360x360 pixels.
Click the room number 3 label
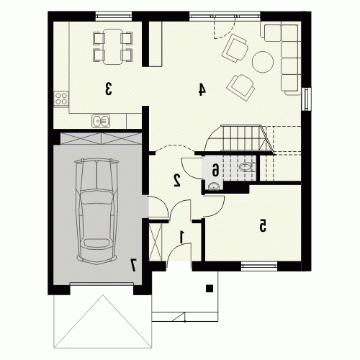[108, 89]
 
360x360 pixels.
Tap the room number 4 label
[202, 89]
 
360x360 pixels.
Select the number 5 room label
[263, 225]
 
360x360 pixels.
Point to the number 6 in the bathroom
[215, 170]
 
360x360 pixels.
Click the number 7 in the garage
[133, 265]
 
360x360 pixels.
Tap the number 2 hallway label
[177, 181]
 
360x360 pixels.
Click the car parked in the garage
[96, 211]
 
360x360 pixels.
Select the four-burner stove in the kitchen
[61, 99]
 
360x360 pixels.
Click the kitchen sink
[101, 121]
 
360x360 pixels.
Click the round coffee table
[263, 62]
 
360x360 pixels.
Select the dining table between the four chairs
[113, 47]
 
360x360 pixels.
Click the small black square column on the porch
[210, 288]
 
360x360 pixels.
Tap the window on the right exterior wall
[307, 99]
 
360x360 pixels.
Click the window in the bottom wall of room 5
[259, 266]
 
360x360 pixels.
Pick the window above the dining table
[114, 17]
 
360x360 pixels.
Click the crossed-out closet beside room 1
[156, 242]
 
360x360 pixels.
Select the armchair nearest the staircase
[240, 87]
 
